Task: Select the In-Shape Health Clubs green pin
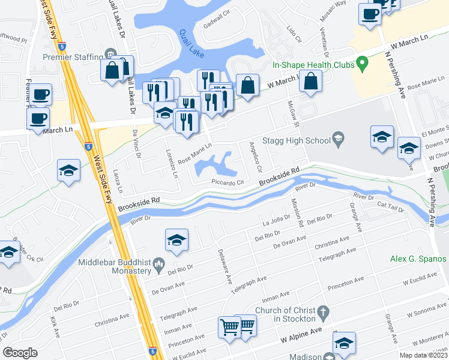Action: click(x=361, y=62)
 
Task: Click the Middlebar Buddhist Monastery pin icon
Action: click(x=159, y=263)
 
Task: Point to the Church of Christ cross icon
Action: click(x=323, y=312)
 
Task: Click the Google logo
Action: click(x=20, y=353)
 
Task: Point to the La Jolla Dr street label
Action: click(x=277, y=223)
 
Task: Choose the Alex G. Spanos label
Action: click(x=418, y=259)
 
